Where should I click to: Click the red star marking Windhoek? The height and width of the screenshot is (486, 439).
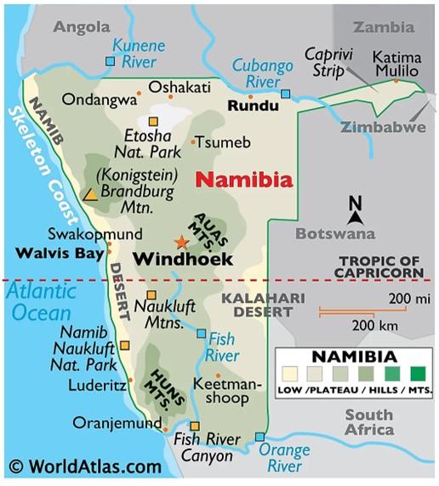click(180, 241)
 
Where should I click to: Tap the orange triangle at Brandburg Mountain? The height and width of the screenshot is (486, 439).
click(89, 194)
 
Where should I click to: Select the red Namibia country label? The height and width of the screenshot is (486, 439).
click(244, 180)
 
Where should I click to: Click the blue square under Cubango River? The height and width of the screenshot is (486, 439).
click(285, 94)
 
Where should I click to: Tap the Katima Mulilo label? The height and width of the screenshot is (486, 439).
click(396, 63)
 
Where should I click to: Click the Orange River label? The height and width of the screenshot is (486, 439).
click(284, 458)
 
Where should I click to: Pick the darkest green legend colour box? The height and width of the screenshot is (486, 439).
click(417, 374)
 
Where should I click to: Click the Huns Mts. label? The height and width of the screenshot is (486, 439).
click(159, 384)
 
